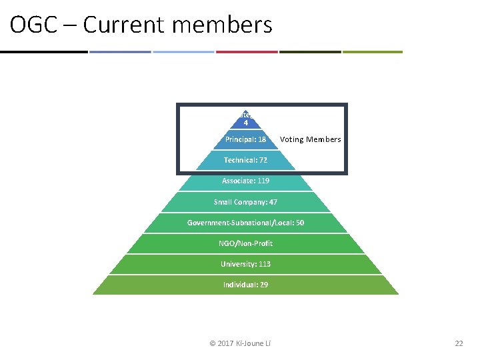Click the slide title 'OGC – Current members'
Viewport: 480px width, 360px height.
tap(141, 25)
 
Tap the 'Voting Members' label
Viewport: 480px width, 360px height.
tap(310, 139)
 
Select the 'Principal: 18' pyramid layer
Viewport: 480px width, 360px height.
tap(245, 139)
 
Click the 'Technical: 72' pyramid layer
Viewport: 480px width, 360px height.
tap(245, 160)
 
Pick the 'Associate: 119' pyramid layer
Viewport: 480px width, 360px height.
tap(245, 181)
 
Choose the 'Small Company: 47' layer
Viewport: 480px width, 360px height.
tap(245, 201)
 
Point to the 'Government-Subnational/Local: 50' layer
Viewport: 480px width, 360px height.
tap(245, 223)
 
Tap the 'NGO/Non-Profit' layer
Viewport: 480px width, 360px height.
tap(246, 243)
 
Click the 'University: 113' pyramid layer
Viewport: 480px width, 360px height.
tap(245, 264)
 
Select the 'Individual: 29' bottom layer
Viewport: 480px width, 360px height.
tap(245, 285)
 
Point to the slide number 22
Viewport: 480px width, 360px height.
tap(458, 343)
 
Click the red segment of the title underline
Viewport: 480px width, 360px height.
tap(246, 51)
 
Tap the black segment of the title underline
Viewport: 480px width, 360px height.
tap(43, 51)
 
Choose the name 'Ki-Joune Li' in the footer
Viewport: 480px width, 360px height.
tap(257, 343)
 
